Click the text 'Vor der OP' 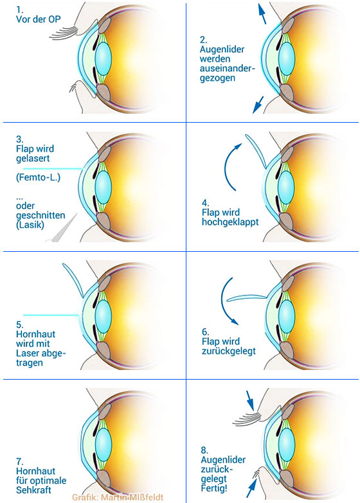point(38,19)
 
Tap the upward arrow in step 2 point(262,13)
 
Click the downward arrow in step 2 point(258,105)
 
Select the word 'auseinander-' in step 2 point(227,68)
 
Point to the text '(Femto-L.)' point(38,177)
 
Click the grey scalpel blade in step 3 point(65,228)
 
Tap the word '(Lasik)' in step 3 point(30,225)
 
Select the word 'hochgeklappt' point(230,222)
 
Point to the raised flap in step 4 point(256,150)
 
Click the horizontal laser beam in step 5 point(51,315)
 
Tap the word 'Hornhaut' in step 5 point(35,334)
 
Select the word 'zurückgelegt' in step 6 point(229,351)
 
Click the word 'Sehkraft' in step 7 point(33,490)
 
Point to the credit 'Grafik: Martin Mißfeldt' point(118,497)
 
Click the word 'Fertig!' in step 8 point(214,488)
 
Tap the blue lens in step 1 point(103,58)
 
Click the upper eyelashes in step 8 point(247,419)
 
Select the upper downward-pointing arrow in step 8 point(250,400)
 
